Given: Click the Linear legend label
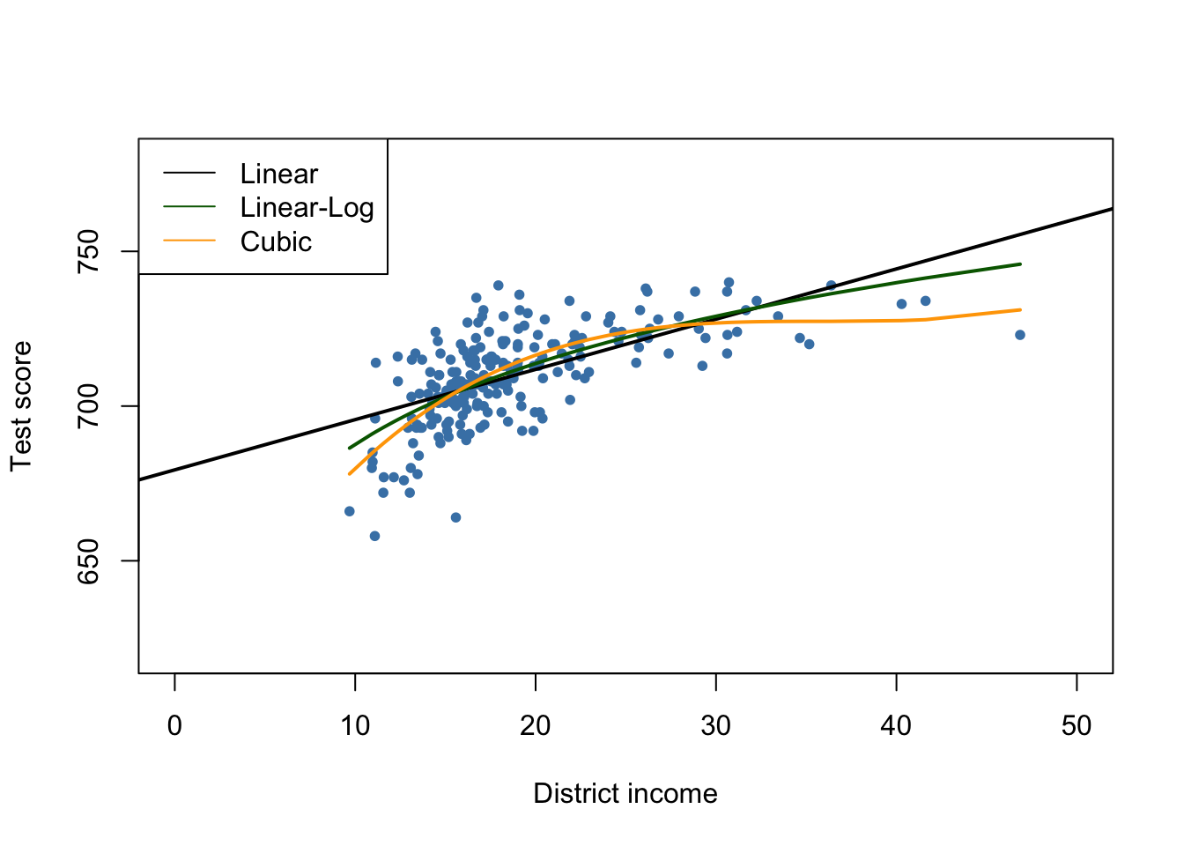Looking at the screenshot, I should coord(278,174).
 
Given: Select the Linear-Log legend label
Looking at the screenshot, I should coord(307,208).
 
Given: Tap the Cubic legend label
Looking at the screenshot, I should coord(276,242).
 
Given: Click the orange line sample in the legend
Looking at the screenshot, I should coord(189,241).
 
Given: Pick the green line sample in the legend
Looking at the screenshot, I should coord(189,207).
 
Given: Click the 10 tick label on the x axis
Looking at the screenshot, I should coord(355,726).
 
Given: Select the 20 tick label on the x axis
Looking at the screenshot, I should coord(536,726).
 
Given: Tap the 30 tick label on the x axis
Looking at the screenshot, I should coord(715,726).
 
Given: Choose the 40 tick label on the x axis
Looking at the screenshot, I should coord(896,726).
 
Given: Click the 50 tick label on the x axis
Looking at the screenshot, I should coord(1077,726).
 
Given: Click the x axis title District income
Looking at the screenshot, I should coord(625,794).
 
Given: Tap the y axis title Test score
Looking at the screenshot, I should coord(21,406).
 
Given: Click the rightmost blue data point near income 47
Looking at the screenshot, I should coord(1020,335).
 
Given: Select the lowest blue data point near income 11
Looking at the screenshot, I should coord(374,536).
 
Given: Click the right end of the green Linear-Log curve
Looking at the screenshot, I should coord(1020,263).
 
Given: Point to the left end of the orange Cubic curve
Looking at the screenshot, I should coord(350,474).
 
